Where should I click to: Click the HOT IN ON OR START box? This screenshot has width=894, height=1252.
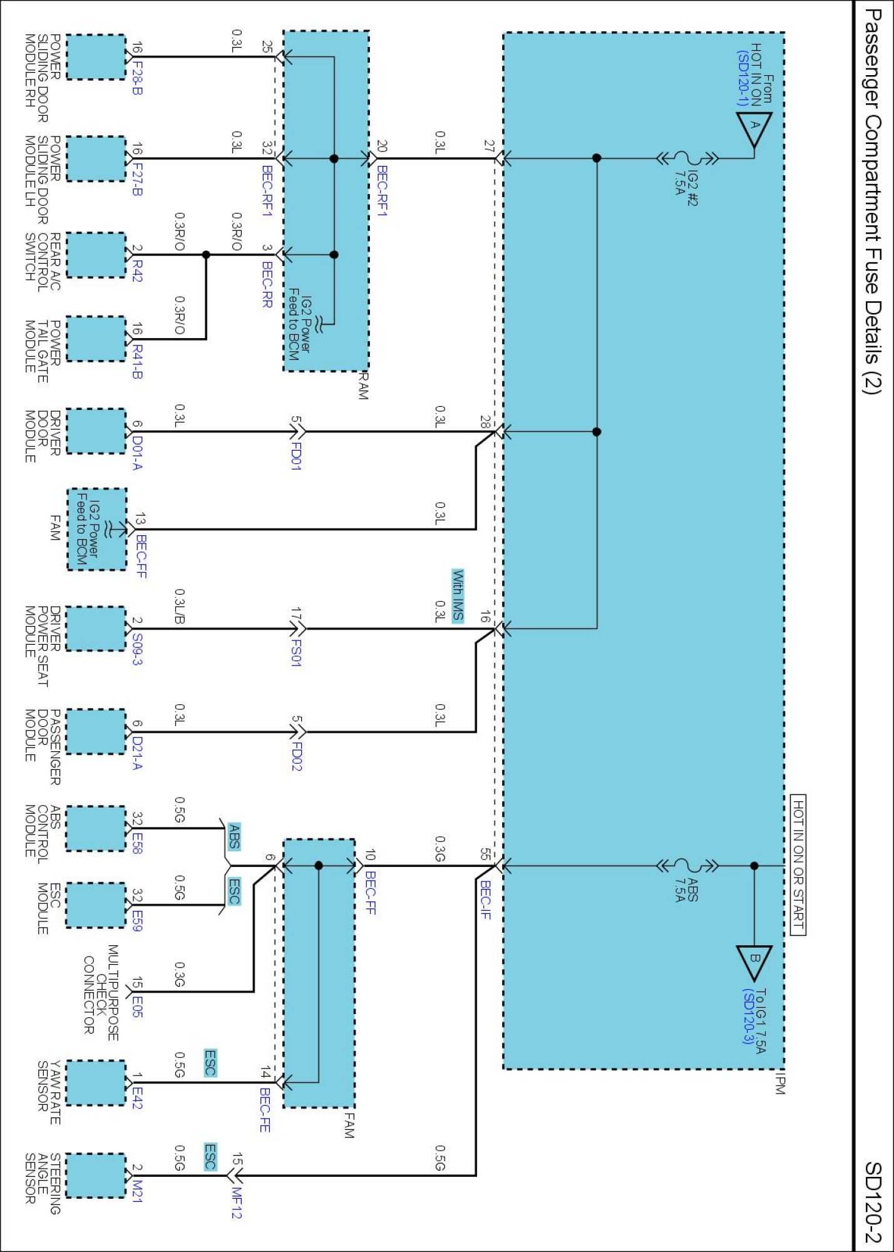[x=798, y=865]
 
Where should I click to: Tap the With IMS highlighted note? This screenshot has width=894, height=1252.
[x=458, y=595]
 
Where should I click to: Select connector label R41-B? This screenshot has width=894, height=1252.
[x=137, y=362]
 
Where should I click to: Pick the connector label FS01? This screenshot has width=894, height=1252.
[x=296, y=652]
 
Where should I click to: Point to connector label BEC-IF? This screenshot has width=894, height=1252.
[x=485, y=900]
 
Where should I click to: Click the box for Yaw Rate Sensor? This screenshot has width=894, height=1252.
[x=96, y=1082]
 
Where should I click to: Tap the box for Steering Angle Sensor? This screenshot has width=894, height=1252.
[x=96, y=1175]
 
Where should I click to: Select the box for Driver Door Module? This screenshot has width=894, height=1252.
[x=96, y=431]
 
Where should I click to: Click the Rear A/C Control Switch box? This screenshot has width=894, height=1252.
[x=96, y=255]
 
